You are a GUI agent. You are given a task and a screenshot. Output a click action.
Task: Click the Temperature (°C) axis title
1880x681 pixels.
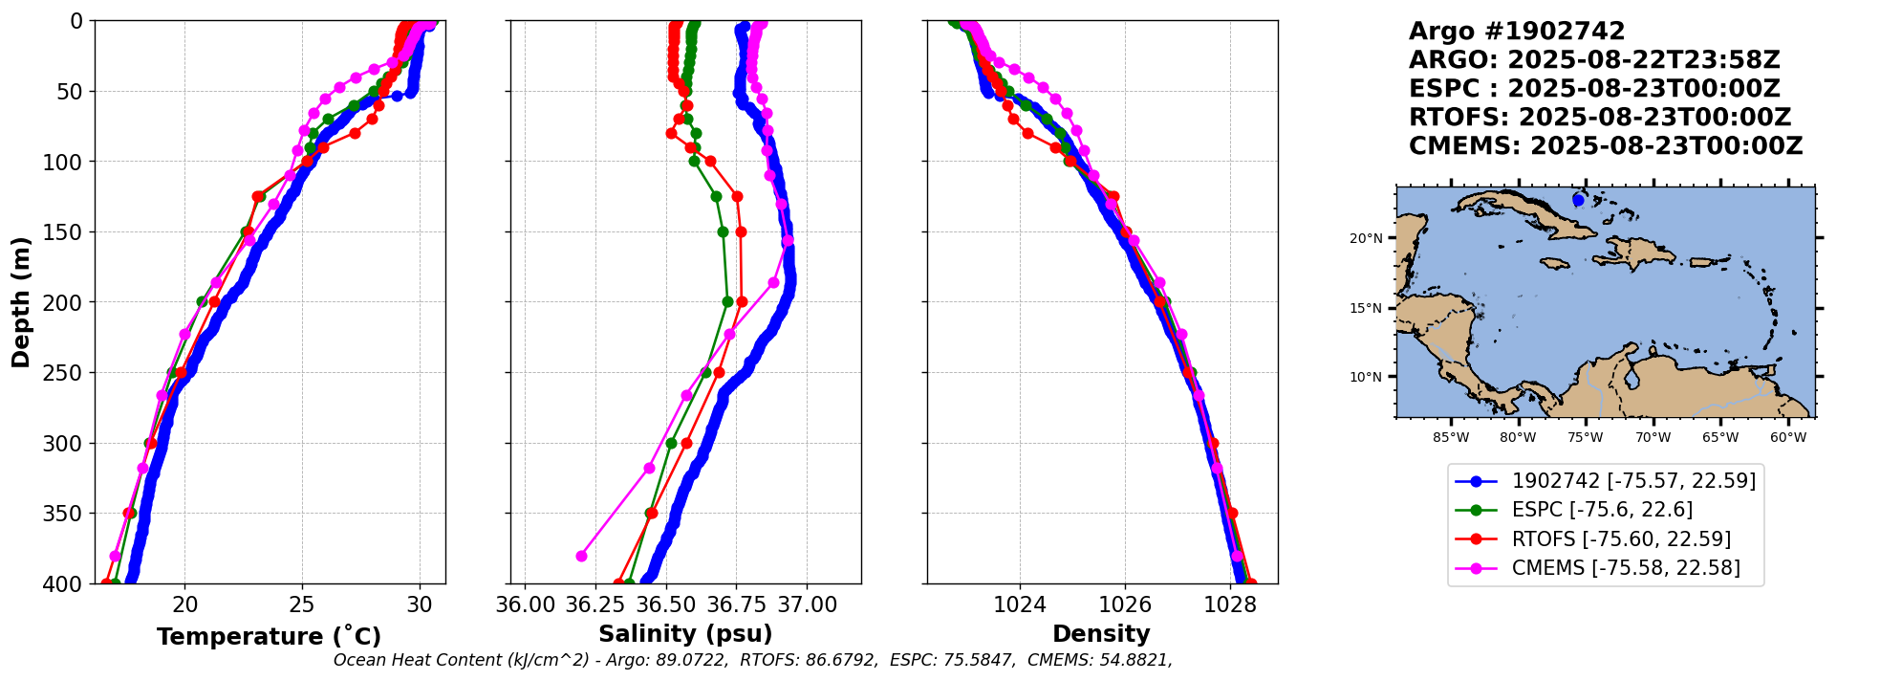(269, 637)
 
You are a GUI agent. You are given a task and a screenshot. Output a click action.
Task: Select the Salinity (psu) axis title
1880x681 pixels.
(685, 634)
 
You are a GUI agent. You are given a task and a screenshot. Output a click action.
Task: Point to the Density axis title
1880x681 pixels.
(1101, 634)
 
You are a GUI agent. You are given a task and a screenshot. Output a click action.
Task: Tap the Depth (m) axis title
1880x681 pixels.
(21, 302)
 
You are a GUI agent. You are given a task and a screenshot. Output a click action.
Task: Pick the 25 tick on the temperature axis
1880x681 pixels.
(302, 604)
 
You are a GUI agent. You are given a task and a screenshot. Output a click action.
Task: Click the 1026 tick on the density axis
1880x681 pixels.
(1124, 604)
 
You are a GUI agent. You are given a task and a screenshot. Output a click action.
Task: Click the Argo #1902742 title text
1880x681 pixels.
(1517, 32)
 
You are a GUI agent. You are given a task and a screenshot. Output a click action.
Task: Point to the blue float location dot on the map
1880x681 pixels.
(1578, 200)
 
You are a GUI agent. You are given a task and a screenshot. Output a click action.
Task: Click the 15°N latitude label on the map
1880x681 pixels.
(1366, 308)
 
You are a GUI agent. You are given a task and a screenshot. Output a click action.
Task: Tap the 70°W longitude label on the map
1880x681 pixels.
(1653, 438)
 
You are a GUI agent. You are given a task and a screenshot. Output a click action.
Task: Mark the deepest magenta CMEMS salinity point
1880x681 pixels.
(581, 556)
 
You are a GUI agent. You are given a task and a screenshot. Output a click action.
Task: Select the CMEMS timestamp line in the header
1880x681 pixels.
(1606, 146)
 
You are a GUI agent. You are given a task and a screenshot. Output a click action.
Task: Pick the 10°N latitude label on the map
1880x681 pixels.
(1366, 377)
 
